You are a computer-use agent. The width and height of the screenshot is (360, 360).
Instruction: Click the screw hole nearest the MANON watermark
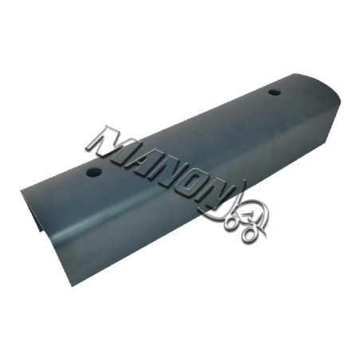pyautogui.click(x=94, y=173)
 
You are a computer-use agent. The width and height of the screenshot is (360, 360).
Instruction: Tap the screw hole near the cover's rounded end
pyautogui.click(x=275, y=92)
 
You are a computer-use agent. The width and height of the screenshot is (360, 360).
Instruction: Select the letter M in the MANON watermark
pyautogui.click(x=108, y=143)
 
